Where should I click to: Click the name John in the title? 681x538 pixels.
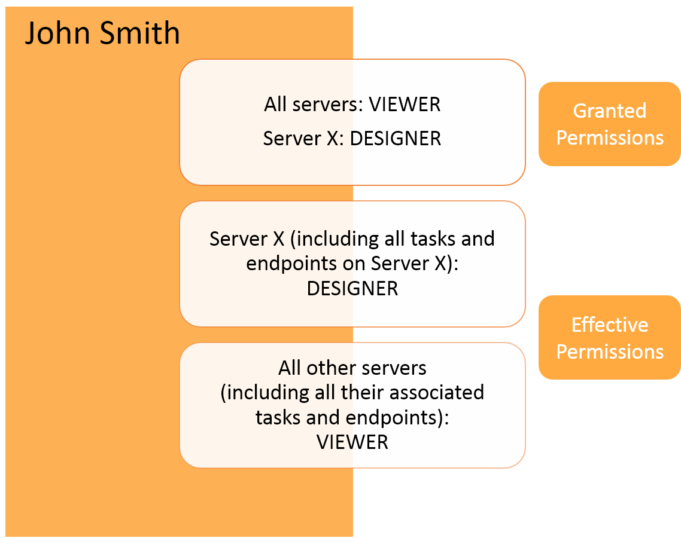[57, 33]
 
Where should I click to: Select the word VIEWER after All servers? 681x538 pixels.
[405, 105]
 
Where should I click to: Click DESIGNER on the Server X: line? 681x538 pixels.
[396, 139]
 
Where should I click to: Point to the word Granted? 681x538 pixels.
[609, 111]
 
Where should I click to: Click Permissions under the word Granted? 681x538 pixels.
[609, 137]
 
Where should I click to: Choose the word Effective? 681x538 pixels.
[609, 325]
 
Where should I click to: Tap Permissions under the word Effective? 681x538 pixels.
[609, 351]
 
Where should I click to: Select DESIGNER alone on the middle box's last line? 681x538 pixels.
[352, 289]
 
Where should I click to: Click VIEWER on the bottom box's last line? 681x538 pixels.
[352, 442]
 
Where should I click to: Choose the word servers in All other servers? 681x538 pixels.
[390, 368]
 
